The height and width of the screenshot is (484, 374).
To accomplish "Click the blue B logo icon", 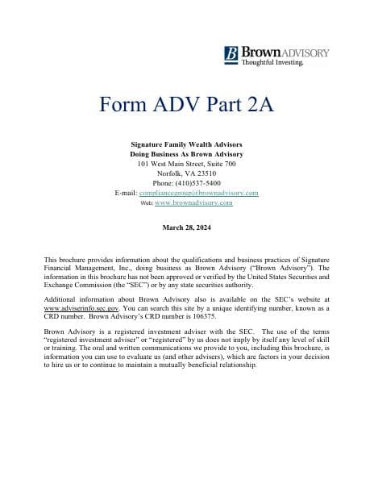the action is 232,55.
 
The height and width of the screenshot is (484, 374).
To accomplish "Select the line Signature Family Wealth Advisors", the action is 186,144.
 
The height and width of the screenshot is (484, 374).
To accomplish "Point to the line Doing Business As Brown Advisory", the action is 186,153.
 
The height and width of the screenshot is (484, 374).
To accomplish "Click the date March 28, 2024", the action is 186,228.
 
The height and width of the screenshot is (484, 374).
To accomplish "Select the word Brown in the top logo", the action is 258,52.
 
